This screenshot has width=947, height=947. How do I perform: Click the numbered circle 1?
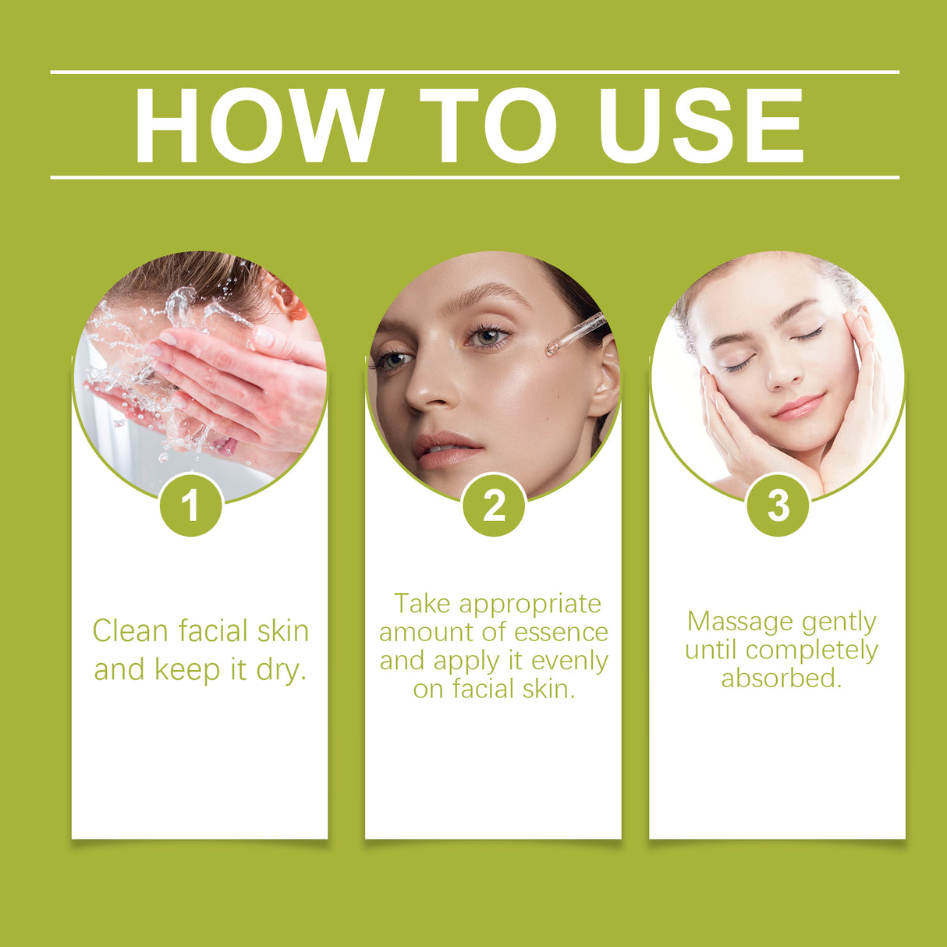[190, 505]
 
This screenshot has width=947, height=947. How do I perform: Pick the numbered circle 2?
[494, 505]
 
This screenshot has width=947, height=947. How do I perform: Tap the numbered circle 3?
[778, 505]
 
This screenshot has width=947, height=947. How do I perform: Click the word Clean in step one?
[129, 630]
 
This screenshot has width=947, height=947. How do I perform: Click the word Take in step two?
[422, 604]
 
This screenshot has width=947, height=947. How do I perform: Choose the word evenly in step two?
[569, 661]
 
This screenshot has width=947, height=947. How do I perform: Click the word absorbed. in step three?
[782, 678]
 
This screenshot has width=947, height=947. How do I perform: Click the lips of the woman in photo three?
[798, 407]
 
